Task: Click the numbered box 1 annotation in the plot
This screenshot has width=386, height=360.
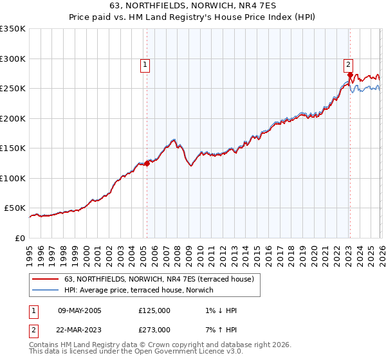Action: [145, 64]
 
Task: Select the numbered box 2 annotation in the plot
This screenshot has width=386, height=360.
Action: [348, 64]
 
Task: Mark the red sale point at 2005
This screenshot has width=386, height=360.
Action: [147, 163]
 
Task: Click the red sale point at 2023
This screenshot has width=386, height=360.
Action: [349, 75]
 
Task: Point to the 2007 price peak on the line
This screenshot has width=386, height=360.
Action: [174, 139]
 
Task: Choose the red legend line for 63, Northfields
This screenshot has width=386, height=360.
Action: [46, 279]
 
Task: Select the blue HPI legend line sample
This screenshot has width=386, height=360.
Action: [46, 290]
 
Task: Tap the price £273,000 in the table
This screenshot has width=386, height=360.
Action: [154, 329]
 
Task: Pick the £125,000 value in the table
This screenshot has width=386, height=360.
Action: [154, 310]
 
